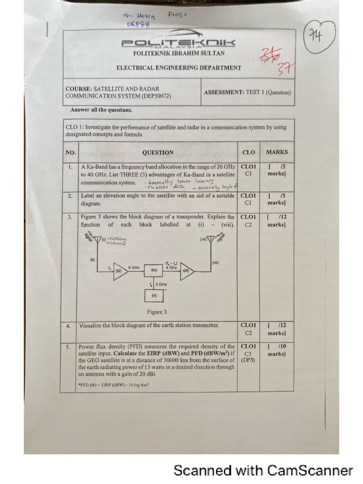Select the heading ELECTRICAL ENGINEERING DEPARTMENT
179,68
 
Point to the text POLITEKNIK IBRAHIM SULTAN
178,53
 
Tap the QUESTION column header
157,152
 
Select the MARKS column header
277,152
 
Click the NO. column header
70,152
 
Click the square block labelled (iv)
154,270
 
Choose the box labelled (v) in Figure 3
154,295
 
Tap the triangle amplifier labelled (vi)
186,271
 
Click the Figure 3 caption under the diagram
157,312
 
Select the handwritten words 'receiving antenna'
116,241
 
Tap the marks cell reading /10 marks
277,350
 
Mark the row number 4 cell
69,326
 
